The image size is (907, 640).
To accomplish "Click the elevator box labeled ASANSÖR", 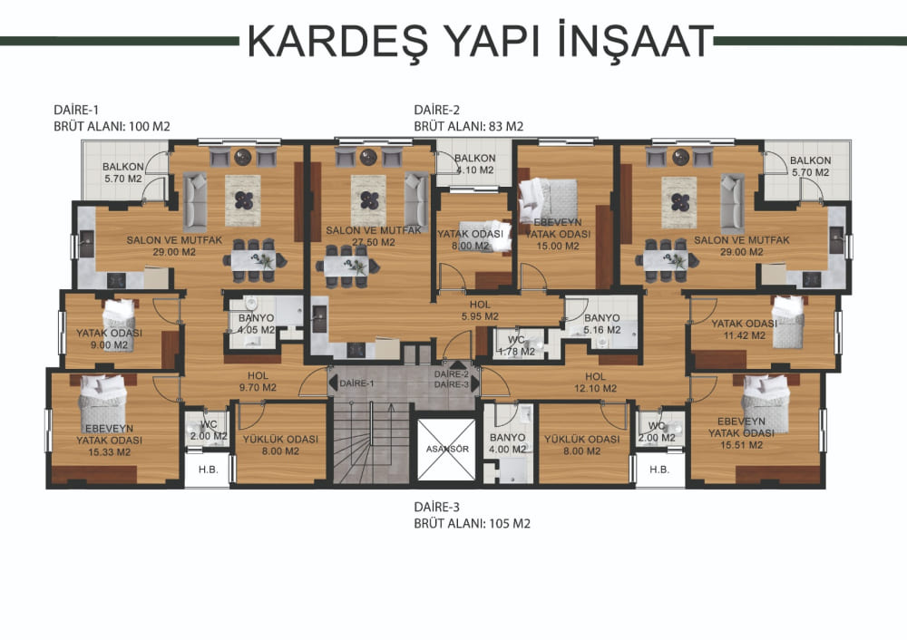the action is (446, 450).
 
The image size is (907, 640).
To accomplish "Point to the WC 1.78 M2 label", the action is (516, 345).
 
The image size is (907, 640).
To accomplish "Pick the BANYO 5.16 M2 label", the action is (601, 324).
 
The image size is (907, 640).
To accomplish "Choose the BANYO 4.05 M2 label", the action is (257, 325).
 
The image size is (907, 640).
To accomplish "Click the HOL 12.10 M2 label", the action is (595, 383).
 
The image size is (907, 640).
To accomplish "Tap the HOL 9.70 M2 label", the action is (258, 382).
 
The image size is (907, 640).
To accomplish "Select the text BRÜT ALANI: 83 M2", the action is (469, 127).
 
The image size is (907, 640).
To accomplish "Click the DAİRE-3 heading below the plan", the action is (437, 507).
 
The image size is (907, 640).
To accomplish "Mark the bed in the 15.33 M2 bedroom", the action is (103, 401).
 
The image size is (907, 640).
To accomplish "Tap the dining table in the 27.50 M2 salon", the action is (346, 266).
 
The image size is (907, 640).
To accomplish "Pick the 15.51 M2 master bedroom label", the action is (742, 433).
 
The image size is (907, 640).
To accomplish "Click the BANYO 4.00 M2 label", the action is (507, 443).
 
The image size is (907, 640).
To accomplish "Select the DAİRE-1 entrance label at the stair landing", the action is (356, 383).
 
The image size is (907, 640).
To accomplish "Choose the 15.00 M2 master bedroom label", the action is (558, 234).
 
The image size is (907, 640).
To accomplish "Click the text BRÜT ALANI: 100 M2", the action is (112, 127).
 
